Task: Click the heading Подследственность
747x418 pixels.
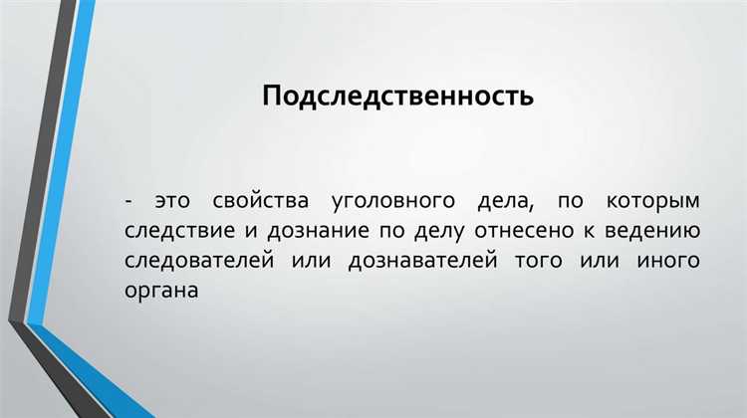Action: pyautogui.click(x=398, y=97)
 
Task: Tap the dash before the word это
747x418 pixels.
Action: pyautogui.click(x=129, y=200)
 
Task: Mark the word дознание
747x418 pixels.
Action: pyautogui.click(x=313, y=233)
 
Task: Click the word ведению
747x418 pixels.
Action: pyautogui.click(x=657, y=233)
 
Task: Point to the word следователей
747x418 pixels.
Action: pyautogui.click(x=197, y=263)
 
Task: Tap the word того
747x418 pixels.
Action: pyautogui.click(x=541, y=263)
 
